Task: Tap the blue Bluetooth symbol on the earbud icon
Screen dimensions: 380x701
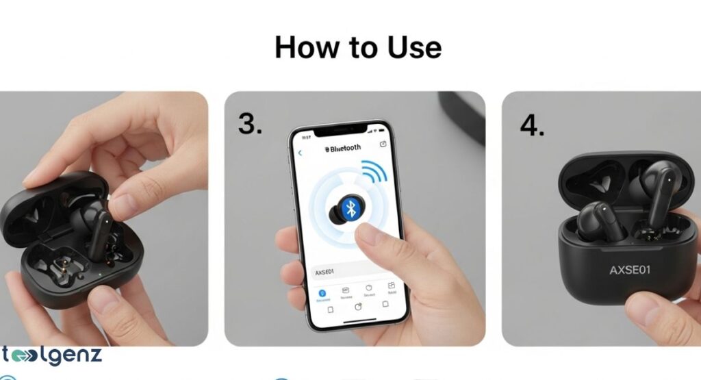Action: [x=351, y=209]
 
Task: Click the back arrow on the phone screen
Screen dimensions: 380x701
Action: [x=300, y=152]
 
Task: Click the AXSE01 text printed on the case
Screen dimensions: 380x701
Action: [x=630, y=270]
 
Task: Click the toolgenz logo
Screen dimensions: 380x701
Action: [x=51, y=356]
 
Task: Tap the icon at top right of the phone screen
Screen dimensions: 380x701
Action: [x=383, y=144]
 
